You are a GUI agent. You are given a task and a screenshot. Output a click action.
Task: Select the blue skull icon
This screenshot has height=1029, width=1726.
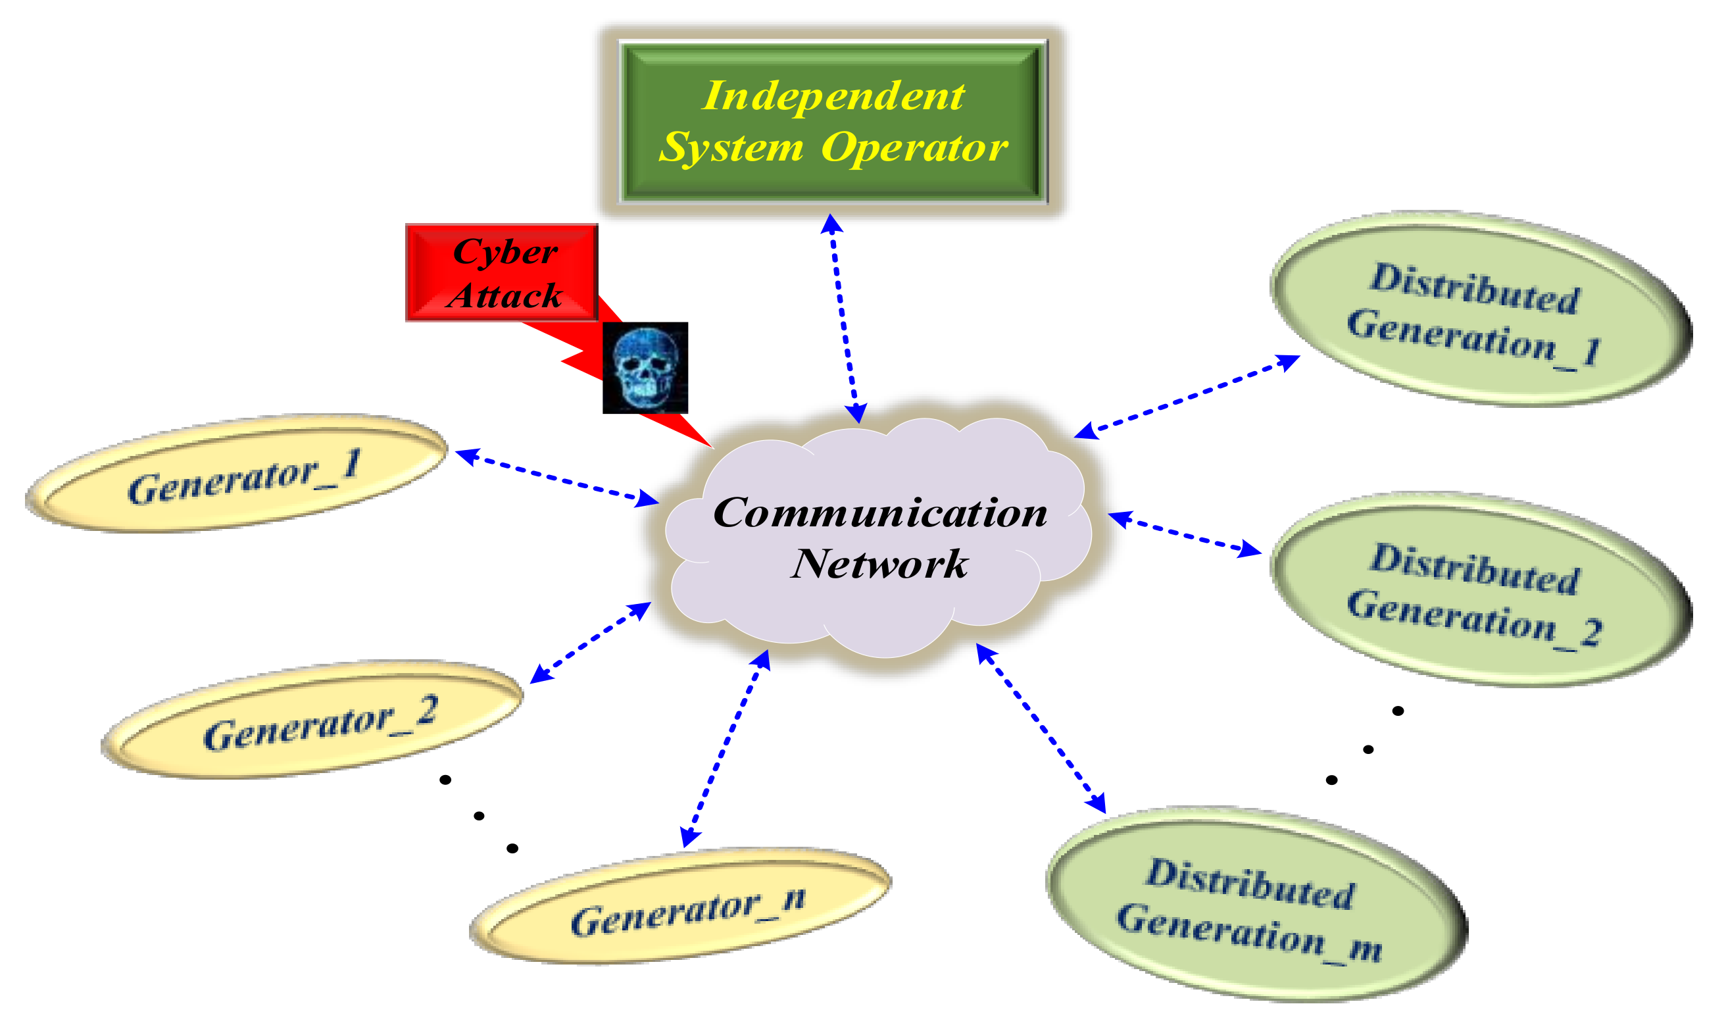pyautogui.click(x=645, y=368)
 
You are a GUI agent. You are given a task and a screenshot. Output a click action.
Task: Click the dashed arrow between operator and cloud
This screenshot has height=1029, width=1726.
pyautogui.click(x=843, y=319)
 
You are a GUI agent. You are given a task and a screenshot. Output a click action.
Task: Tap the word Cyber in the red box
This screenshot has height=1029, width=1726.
pyautogui.click(x=505, y=251)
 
